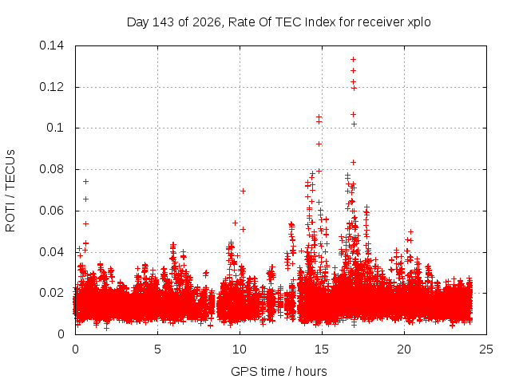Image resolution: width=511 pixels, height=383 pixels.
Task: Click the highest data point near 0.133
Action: pos(353,59)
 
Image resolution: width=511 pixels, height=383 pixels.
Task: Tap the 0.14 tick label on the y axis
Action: pos(51,45)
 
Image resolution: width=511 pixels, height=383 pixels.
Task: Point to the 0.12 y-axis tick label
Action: pos(51,87)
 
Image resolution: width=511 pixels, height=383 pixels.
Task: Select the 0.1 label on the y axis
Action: pos(55,128)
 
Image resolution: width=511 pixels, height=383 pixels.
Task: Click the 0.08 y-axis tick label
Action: pos(51,169)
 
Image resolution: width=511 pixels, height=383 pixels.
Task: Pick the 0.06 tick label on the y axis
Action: pos(51,211)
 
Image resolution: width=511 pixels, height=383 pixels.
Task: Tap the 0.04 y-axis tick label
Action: pos(51,252)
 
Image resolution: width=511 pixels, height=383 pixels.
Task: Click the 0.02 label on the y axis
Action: pos(51,293)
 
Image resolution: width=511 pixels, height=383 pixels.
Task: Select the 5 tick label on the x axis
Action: pos(157,349)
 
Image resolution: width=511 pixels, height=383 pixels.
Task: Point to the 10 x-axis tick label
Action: pos(240,349)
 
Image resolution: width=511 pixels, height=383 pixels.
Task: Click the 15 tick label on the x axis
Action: pos(322,349)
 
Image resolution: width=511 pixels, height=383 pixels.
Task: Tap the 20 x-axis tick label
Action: pos(404,349)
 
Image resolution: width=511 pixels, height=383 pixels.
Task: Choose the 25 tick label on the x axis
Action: pos(486,349)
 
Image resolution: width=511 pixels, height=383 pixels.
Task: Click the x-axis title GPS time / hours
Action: pos(279,371)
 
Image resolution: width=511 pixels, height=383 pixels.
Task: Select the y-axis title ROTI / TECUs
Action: pos(10,191)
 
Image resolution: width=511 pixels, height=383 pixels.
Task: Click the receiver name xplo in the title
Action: pos(418,22)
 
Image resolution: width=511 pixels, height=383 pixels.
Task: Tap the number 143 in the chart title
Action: pos(163,22)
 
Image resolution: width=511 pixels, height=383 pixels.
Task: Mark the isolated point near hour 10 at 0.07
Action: pos(243,191)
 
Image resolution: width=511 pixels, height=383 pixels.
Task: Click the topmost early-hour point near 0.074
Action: pos(85,181)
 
